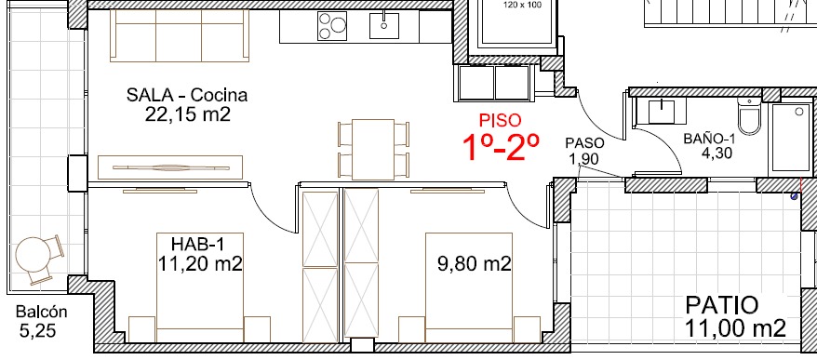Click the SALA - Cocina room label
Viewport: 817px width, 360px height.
click(186, 95)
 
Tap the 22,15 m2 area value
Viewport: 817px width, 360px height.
click(188, 114)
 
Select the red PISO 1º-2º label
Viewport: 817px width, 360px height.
click(501, 137)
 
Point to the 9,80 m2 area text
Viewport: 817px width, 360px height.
click(474, 264)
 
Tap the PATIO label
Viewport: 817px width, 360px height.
click(721, 305)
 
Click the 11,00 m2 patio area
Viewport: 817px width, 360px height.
click(735, 328)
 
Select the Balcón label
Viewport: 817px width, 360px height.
click(42, 312)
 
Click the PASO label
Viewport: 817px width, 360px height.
click(585, 142)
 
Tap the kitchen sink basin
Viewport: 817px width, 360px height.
click(384, 25)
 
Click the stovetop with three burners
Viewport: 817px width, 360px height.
click(332, 26)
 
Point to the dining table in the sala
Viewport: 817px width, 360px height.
click(373, 150)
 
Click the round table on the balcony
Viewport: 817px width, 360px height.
click(33, 255)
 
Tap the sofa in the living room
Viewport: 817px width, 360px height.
click(180, 35)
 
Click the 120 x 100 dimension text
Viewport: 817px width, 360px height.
click(522, 6)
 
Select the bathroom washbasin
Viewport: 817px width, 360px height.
click(662, 112)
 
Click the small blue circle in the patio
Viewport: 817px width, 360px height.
click(794, 196)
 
